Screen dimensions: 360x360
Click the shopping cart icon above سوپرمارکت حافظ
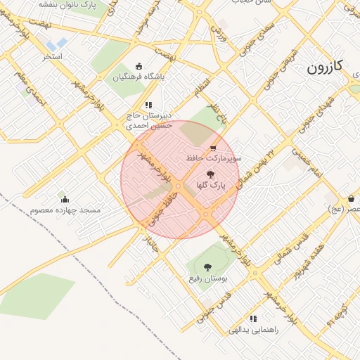(213, 148)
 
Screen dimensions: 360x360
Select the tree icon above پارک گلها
(210, 174)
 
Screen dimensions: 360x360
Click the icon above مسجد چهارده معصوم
(65, 199)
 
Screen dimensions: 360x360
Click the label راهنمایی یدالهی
(254, 329)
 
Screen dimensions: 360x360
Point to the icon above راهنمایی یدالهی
(252, 318)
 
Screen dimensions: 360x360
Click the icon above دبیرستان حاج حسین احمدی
(148, 105)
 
